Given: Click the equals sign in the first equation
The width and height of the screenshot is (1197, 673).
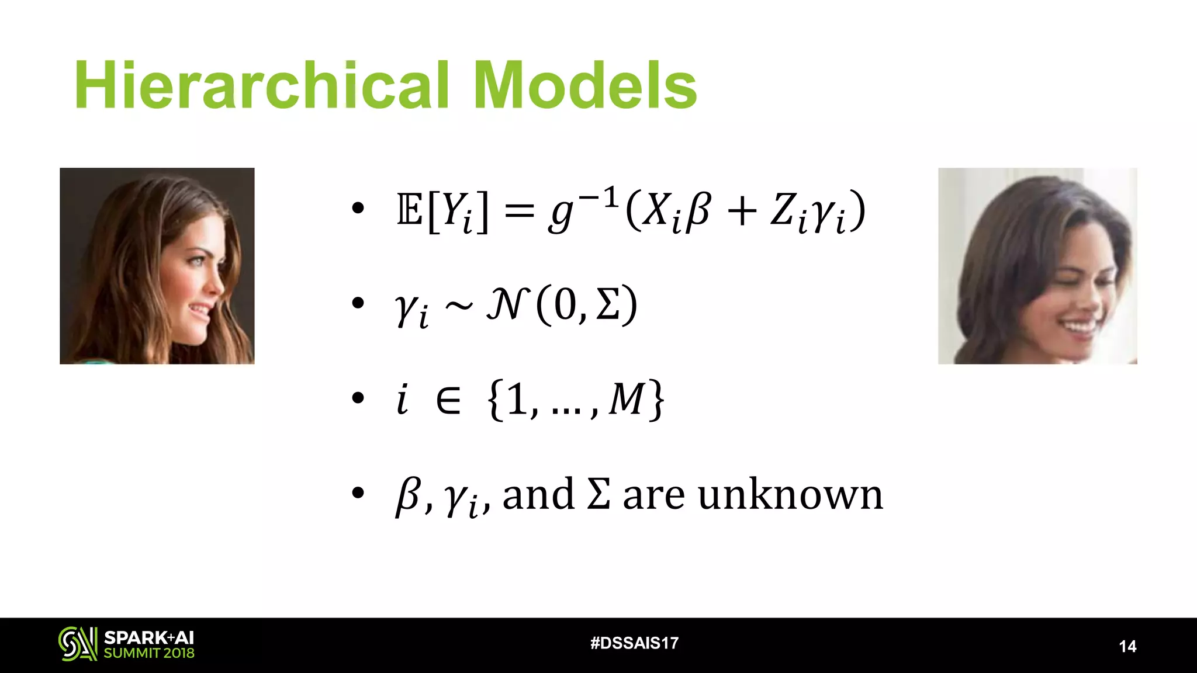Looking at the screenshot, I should pyautogui.click(x=519, y=211).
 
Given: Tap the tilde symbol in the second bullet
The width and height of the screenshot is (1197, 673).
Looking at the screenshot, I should pyautogui.click(x=459, y=306).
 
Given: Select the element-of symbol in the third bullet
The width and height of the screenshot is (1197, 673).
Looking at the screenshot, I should pyautogui.click(x=448, y=401).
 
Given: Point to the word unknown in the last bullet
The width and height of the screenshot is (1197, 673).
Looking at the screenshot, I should pyautogui.click(x=790, y=495).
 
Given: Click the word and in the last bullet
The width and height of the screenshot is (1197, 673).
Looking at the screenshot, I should pyautogui.click(x=538, y=495).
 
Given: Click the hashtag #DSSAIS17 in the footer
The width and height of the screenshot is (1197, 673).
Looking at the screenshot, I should pyautogui.click(x=634, y=643).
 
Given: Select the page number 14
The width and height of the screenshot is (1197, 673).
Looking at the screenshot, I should pyautogui.click(x=1127, y=646).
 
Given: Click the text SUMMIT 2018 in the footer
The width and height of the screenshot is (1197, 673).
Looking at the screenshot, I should pyautogui.click(x=149, y=653).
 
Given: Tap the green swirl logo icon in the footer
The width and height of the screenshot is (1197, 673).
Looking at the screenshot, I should pyautogui.click(x=77, y=644).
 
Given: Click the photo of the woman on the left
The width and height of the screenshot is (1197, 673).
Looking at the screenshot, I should pyautogui.click(x=157, y=266).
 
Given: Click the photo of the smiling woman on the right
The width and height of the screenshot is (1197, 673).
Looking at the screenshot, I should pyautogui.click(x=1037, y=266).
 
